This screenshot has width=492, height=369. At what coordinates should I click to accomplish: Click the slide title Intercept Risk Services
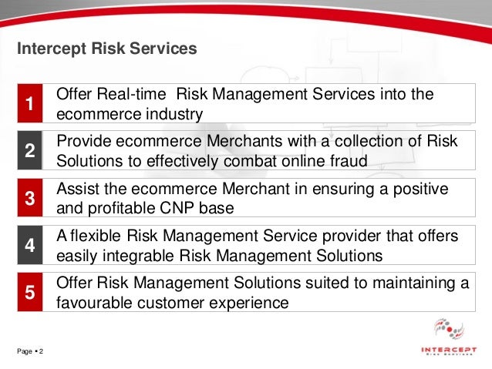(x=107, y=49)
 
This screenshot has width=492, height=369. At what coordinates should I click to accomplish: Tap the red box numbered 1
(x=29, y=104)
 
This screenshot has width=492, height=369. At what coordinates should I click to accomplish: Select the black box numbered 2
(x=29, y=152)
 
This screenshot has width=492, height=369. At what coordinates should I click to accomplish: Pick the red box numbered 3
(x=29, y=199)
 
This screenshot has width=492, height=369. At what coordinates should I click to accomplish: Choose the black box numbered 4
(x=29, y=246)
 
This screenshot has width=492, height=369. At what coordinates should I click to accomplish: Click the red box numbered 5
(x=29, y=293)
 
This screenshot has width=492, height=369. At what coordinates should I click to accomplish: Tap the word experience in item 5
(x=245, y=303)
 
